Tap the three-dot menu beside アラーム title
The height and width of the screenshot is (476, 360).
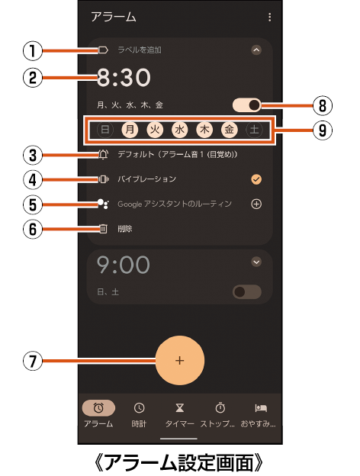click(269, 17)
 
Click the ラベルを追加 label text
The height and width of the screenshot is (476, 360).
click(140, 50)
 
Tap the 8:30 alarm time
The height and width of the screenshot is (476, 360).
click(124, 77)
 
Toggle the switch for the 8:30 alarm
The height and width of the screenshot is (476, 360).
click(247, 105)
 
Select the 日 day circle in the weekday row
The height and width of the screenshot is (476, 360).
click(105, 130)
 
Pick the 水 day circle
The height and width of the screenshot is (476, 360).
click(180, 130)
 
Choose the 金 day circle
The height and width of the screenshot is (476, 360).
click(229, 130)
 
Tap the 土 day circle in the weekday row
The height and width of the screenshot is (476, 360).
click(254, 130)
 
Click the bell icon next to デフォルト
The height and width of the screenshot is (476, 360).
click(103, 155)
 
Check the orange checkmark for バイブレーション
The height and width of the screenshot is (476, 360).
click(256, 179)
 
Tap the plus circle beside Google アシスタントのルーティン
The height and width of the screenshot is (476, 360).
click(256, 204)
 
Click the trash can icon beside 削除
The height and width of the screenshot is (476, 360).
click(103, 229)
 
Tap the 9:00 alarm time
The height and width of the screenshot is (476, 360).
click(124, 265)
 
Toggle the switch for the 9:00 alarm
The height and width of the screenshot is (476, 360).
click(247, 292)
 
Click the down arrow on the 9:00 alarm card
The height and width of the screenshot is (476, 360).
click(256, 262)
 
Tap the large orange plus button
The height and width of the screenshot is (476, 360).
click(180, 360)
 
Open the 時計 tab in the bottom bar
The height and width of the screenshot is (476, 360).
click(139, 414)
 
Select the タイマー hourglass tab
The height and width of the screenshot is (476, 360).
click(180, 414)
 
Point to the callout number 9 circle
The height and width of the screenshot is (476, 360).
click(323, 130)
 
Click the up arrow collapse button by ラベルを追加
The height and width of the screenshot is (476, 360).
click(256, 50)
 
